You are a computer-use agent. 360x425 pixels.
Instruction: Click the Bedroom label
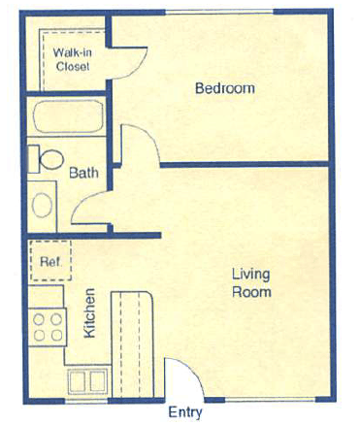pos(224,88)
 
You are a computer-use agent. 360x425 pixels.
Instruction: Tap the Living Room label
pos(250,281)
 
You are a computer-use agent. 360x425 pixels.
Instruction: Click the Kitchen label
pos(89,312)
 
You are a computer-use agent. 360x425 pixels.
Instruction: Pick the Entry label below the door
pos(185,411)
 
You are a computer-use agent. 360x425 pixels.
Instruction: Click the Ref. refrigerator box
pos(47,259)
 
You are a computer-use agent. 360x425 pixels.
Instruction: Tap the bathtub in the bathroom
pos(66,119)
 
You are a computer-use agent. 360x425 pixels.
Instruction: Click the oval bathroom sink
pos(42,204)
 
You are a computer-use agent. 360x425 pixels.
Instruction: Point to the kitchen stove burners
pos(47,323)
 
